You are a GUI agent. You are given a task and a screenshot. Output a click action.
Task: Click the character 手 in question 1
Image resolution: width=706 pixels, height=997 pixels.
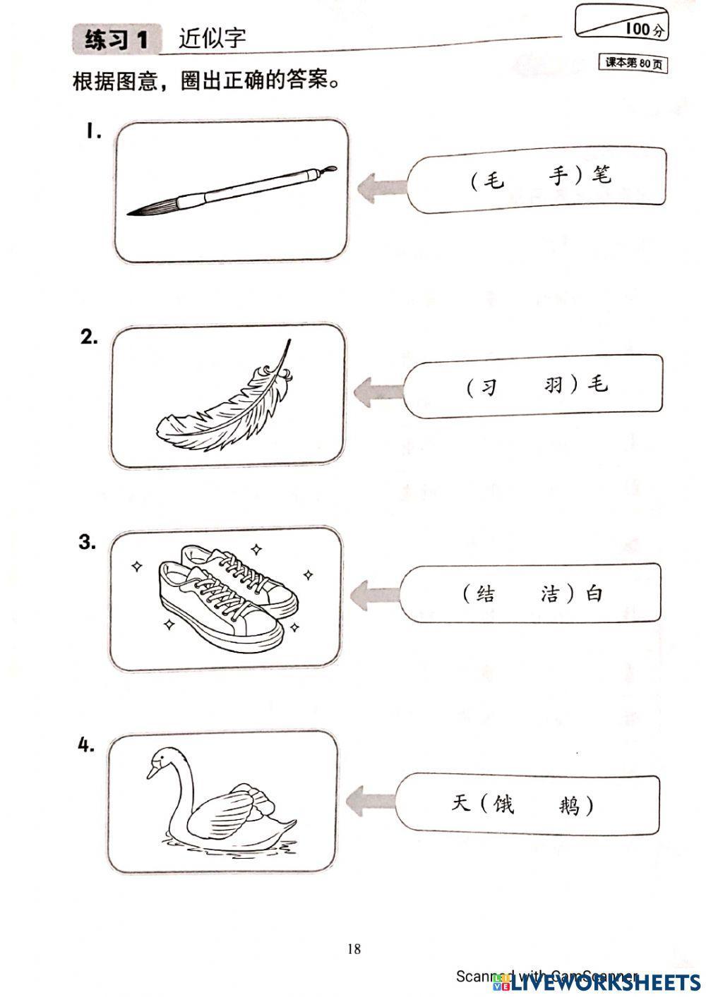(558, 176)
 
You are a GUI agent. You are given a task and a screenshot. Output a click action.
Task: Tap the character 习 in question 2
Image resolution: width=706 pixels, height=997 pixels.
(489, 387)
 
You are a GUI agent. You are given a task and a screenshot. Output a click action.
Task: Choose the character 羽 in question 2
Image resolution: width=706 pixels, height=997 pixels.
(554, 385)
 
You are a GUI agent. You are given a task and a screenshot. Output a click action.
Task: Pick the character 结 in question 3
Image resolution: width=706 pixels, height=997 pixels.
(485, 594)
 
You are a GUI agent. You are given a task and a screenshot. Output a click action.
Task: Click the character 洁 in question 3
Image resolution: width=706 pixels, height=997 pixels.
(550, 594)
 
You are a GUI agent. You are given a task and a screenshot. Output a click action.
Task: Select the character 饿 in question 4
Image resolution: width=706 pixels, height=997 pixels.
(503, 803)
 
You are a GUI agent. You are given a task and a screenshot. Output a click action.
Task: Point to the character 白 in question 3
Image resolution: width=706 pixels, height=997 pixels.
(595, 593)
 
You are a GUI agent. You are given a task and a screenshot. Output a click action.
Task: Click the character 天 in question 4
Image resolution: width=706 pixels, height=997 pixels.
(460, 802)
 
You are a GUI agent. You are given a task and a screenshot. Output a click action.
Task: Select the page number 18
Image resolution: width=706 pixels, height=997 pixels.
(354, 949)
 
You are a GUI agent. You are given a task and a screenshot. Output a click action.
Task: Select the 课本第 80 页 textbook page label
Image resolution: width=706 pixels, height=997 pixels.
(633, 64)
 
